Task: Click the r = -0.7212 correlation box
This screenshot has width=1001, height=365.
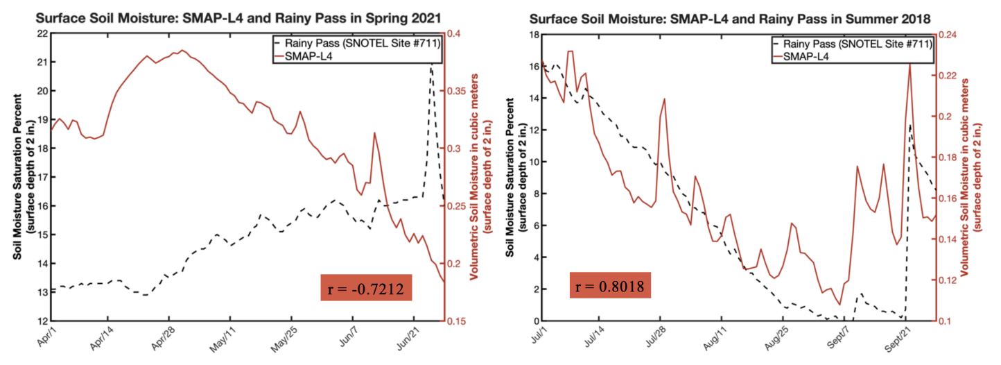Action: [x=367, y=286]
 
